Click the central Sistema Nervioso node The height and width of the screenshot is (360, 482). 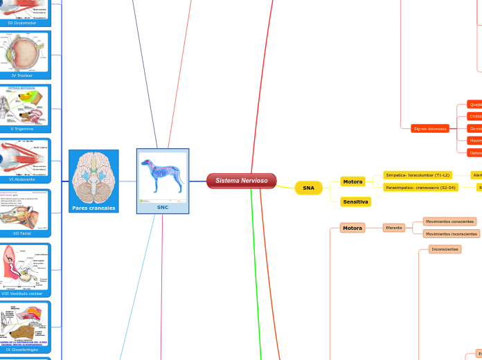click(x=241, y=181)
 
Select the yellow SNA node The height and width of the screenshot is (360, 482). click(x=308, y=188)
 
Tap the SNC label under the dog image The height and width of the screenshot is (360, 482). click(x=163, y=207)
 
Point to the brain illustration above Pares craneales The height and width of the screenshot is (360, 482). click(x=93, y=177)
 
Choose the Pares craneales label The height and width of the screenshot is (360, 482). click(x=93, y=208)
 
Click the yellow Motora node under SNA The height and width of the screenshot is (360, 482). click(x=352, y=182)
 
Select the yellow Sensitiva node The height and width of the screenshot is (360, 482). click(x=355, y=201)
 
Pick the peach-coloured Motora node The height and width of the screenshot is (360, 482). click(x=352, y=228)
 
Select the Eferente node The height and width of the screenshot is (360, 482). click(x=393, y=228)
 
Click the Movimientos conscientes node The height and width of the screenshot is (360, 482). click(x=449, y=222)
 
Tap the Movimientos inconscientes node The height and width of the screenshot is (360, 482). click(x=451, y=234)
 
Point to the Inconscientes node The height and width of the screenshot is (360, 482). click(x=445, y=249)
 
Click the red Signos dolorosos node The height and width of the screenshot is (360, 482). click(x=429, y=129)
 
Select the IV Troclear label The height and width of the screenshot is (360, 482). click(x=25, y=75)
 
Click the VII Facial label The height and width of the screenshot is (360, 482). click(x=25, y=233)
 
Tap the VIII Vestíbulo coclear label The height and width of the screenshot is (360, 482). click(x=25, y=294)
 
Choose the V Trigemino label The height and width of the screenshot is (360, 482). click(x=25, y=129)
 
